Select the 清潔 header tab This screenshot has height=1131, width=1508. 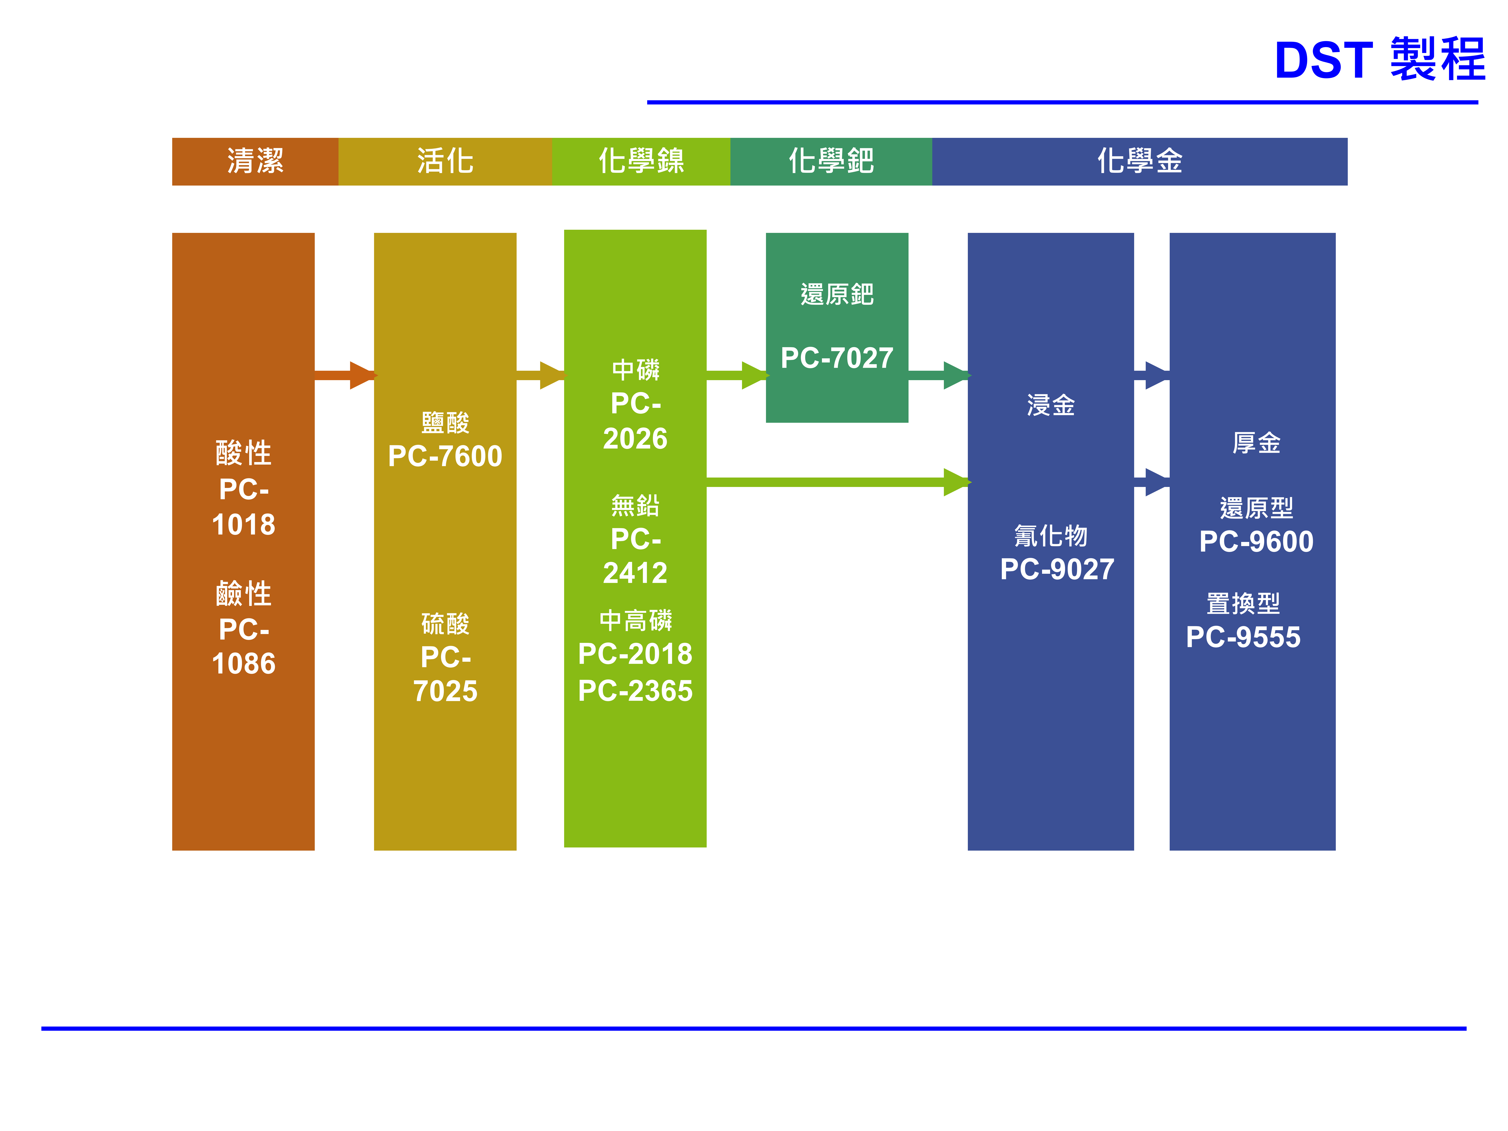pos(255,162)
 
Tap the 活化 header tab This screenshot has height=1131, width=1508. pos(445,162)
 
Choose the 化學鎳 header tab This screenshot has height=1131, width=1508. pos(641,162)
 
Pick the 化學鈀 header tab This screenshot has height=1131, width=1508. pos(831,162)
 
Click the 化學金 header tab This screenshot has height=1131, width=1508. pos(1139,162)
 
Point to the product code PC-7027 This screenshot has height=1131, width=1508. pos(836,358)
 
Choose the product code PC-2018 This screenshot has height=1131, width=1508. pos(635,654)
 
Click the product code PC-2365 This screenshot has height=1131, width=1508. pos(635,691)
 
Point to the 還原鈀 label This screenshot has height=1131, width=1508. pos(836,295)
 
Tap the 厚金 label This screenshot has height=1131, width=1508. pos(1256,443)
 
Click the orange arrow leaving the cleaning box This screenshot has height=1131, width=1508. pos(344,375)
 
